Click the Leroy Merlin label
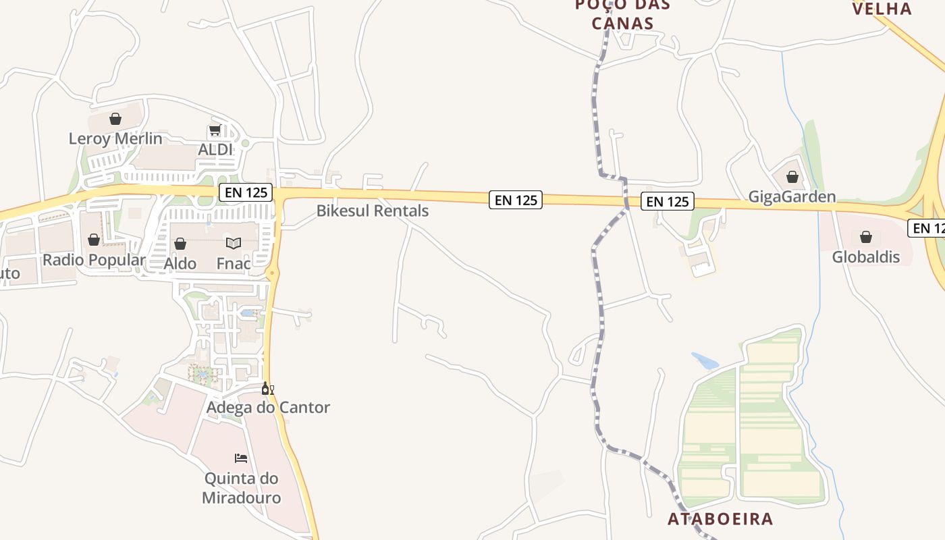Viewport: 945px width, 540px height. click(x=115, y=138)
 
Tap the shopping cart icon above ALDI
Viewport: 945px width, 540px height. click(x=215, y=130)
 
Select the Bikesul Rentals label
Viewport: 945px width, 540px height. click(x=372, y=211)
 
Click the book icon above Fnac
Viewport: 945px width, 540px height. click(x=234, y=243)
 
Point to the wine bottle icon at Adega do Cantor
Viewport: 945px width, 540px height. click(x=267, y=388)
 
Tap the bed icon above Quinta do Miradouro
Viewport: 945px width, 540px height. click(x=241, y=458)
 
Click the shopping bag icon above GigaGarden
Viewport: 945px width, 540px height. click(x=792, y=177)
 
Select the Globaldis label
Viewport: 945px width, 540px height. click(x=866, y=256)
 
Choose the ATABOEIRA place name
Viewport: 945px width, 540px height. click(x=720, y=518)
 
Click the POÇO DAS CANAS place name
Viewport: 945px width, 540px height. click(x=622, y=14)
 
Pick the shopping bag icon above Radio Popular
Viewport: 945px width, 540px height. click(x=94, y=240)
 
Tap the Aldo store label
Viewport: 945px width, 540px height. click(x=180, y=263)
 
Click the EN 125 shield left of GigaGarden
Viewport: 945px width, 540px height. click(x=667, y=201)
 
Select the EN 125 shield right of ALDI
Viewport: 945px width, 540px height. click(x=246, y=192)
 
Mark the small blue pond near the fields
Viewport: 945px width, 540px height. click(x=705, y=360)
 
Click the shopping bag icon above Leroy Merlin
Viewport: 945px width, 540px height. click(x=115, y=119)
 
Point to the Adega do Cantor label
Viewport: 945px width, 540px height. click(x=268, y=407)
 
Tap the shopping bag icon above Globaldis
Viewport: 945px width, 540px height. click(x=866, y=237)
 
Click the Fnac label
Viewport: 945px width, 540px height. click(x=234, y=263)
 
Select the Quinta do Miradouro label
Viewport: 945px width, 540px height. click(x=242, y=488)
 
